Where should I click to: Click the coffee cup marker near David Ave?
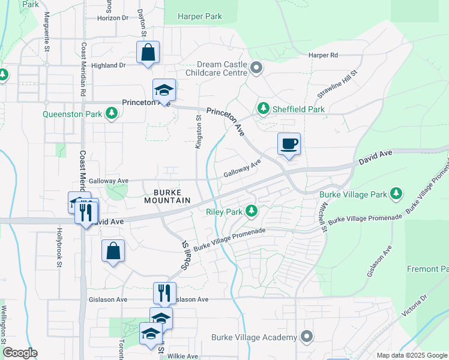point(289,144)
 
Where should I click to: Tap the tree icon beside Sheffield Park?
point(263,109)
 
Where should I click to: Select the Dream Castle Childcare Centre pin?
point(257,68)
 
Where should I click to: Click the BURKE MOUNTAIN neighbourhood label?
point(167,196)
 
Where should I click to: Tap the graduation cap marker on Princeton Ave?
point(164,91)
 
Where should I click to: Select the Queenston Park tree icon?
point(111,113)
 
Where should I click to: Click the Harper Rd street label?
point(324,55)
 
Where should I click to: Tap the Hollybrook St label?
point(59,245)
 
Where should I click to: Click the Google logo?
point(19,353)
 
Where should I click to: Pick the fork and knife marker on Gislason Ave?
point(164,293)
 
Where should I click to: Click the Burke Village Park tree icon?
point(396,194)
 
